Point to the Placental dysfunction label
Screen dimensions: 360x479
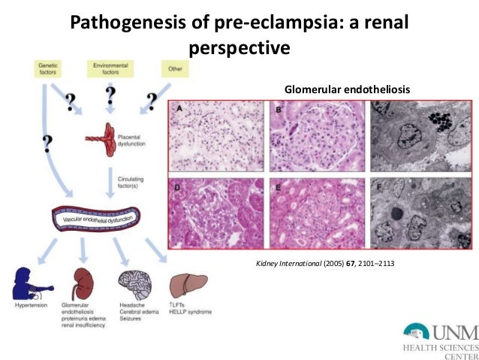133,141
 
